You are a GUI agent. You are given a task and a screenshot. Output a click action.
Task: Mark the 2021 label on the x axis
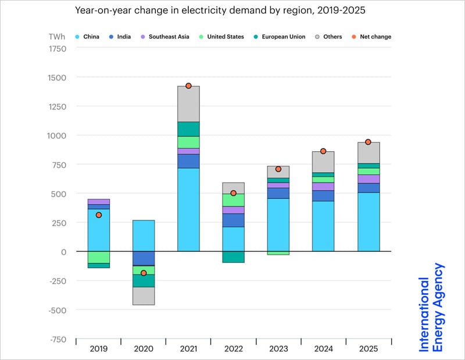point(188,348)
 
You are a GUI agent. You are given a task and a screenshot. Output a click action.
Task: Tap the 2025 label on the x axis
point(368,348)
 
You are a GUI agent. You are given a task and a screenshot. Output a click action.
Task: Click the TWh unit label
point(57,37)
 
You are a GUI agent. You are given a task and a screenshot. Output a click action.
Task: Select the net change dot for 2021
point(188,86)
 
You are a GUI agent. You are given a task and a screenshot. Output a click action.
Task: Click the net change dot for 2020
point(144,273)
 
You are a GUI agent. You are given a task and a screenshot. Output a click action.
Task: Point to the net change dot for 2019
point(99,215)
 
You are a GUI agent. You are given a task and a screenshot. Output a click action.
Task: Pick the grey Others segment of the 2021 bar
point(188,104)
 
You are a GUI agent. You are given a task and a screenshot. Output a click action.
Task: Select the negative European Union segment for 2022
point(233,257)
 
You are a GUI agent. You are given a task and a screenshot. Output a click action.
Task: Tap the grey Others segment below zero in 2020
point(144,296)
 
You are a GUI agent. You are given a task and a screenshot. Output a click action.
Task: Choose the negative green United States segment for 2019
point(99,257)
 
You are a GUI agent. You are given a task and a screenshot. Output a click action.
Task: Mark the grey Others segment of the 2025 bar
point(368,152)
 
